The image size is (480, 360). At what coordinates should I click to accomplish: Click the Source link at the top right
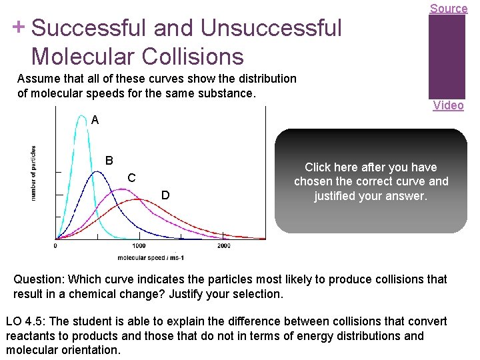coord(448,9)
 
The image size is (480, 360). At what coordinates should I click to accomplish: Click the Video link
coord(448,105)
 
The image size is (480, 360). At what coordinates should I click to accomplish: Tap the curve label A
coord(95,121)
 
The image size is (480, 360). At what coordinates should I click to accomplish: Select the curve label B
coord(109,161)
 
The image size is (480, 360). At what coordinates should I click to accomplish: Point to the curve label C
coord(132,178)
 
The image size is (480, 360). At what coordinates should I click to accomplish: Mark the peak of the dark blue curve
coord(97,172)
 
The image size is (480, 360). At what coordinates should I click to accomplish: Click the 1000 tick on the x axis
coord(139,245)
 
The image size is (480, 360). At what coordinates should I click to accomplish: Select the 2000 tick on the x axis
coord(223,245)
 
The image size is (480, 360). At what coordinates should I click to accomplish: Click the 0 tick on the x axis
coord(55,245)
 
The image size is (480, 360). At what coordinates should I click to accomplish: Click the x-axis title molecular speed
coord(150,257)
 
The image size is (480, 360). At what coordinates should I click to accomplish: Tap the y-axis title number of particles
coord(34,173)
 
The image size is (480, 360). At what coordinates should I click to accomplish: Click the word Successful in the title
coord(89,29)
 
